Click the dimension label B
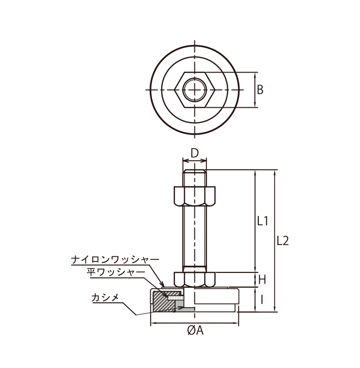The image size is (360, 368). point(260,90)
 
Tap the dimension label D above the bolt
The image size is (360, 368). point(194,153)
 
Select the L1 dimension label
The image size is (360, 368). point(262,221)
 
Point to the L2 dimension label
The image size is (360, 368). point(283,241)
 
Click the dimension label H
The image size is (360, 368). point(262,280)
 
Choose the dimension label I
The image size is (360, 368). point(261,300)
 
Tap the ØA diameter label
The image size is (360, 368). point(195,331)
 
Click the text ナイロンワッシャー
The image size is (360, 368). point(115,259)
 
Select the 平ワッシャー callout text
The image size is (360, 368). point(116,272)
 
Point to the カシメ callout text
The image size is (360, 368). point(105,298)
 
